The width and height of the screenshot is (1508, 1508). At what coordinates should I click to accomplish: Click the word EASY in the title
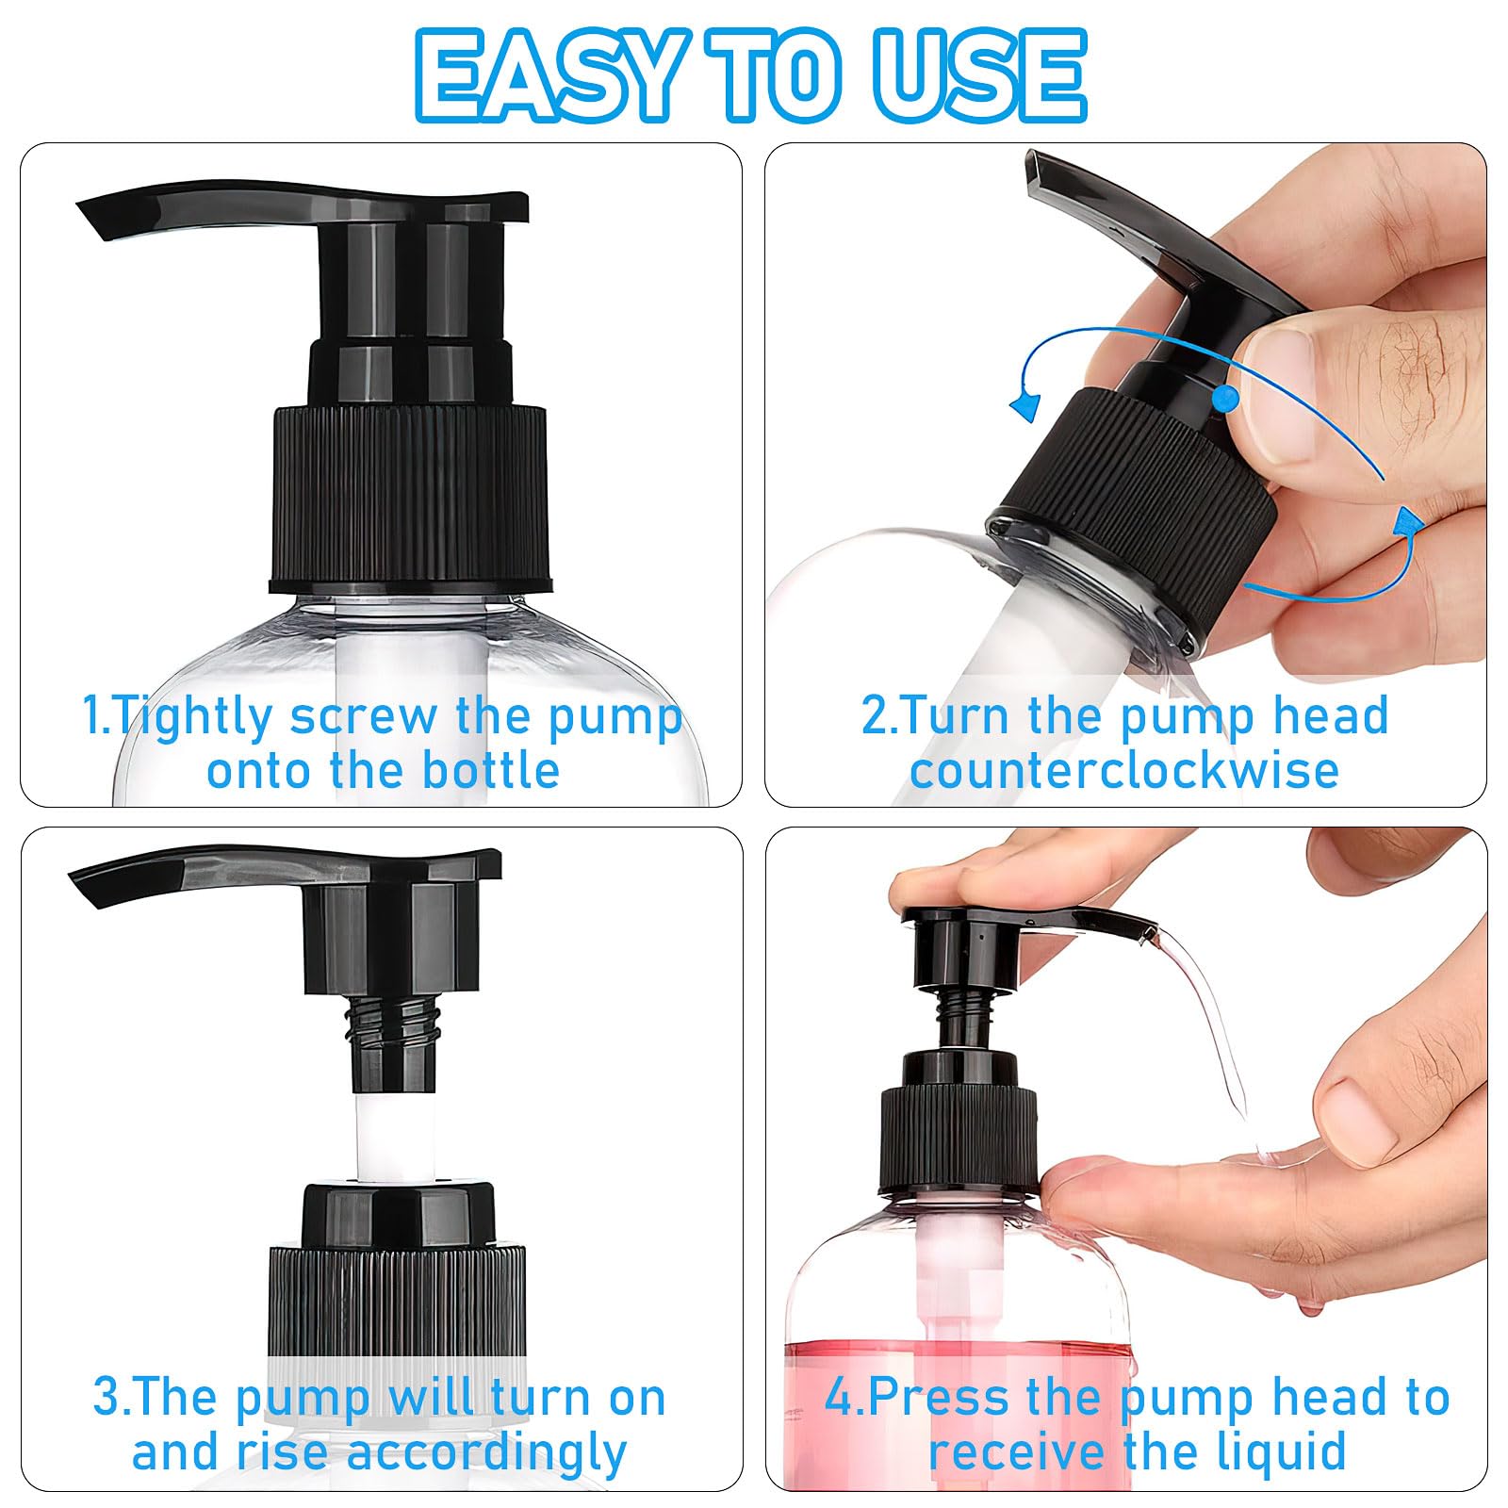click(x=549, y=75)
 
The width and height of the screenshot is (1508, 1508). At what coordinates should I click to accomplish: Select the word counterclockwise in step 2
click(x=1124, y=770)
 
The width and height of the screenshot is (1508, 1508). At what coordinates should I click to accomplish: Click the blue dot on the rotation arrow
click(x=1224, y=399)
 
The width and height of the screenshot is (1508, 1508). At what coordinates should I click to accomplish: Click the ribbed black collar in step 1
click(x=409, y=500)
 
